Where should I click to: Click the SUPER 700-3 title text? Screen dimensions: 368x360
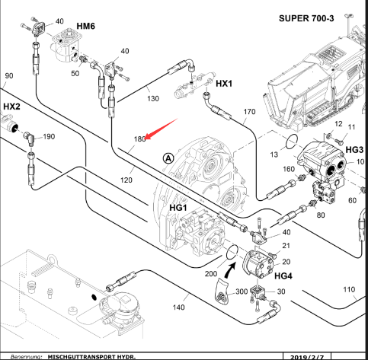(306, 18)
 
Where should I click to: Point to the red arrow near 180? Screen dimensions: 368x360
(161, 129)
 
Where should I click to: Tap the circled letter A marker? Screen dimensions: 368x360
(168, 158)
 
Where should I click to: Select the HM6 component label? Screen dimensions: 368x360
(86, 26)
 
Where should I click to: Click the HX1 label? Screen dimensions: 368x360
(224, 84)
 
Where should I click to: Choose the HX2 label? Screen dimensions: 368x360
(11, 107)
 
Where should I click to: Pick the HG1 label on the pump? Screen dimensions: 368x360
(178, 208)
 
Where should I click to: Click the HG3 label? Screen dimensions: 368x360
(354, 150)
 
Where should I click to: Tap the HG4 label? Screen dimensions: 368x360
(283, 276)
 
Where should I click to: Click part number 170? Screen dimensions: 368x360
(249, 112)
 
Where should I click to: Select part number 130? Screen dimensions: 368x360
(153, 98)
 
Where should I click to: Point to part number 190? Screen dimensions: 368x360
(49, 136)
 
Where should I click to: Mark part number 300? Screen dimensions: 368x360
(242, 292)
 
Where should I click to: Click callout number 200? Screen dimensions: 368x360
(211, 274)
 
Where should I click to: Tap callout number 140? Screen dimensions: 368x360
(178, 307)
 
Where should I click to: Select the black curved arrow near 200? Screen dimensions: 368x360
(230, 270)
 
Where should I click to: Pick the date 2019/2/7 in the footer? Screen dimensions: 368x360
(307, 357)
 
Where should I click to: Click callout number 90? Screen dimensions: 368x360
(9, 75)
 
